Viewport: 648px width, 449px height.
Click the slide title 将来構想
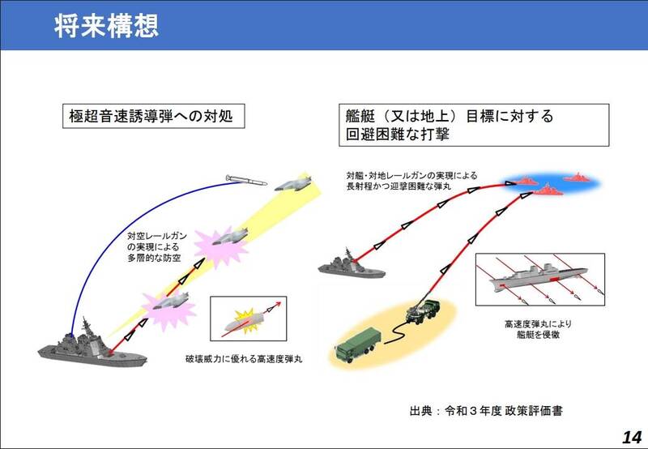106,26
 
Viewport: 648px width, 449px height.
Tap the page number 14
632,437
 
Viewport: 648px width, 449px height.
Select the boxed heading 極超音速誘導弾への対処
153,116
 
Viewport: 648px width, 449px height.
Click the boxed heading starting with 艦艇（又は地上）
474,125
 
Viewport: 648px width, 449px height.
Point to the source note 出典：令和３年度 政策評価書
486,411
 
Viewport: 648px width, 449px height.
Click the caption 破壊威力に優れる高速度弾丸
244,359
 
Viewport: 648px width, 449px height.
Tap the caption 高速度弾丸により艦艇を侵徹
538,329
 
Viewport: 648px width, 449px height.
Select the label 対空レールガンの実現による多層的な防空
156,247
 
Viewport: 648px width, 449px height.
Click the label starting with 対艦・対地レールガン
411,181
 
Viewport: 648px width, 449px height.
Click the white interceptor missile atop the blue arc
246,180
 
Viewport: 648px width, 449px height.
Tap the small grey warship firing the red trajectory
352,266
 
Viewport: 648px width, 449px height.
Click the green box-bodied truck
358,345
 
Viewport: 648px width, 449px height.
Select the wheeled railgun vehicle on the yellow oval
423,312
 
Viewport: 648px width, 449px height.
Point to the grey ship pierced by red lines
538,277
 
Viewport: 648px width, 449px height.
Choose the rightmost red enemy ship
578,177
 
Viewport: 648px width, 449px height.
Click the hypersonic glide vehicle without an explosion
293,183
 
